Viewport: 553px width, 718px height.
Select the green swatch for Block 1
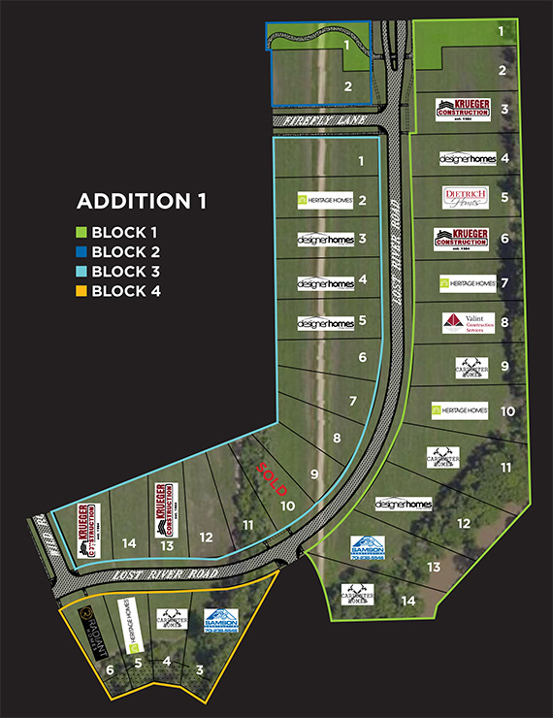click(x=83, y=233)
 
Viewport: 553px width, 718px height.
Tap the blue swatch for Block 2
click(x=83, y=252)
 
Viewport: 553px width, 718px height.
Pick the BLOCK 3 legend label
click(x=127, y=272)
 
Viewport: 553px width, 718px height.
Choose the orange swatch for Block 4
click(x=83, y=291)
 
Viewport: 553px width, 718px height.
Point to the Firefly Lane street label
click(x=309, y=119)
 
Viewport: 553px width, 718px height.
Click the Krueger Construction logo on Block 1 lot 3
click(x=462, y=110)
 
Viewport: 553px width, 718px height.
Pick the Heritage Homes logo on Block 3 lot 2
click(x=325, y=200)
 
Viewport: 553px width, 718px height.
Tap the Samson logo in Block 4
click(x=222, y=619)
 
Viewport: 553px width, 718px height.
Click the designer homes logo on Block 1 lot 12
click(x=403, y=505)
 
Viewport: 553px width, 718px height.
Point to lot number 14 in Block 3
click(x=130, y=544)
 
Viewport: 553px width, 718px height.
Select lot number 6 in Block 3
click(x=362, y=358)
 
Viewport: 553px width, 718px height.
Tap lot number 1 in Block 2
click(x=346, y=45)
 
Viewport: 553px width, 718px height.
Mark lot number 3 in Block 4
click(x=200, y=669)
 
